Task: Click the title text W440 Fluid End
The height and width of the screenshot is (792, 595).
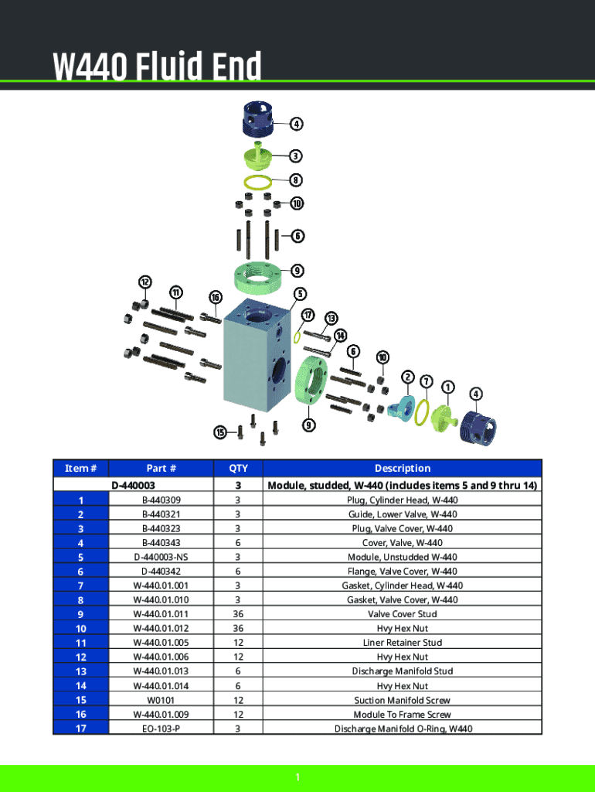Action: (x=157, y=67)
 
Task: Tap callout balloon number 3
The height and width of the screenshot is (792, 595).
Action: (x=296, y=155)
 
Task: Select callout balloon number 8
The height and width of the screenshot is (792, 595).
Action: (x=296, y=180)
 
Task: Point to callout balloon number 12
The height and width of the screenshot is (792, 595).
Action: (x=144, y=281)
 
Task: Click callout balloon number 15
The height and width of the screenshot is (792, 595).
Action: (x=220, y=432)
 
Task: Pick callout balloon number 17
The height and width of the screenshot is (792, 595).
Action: (x=308, y=315)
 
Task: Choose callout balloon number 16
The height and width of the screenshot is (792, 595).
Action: (x=216, y=298)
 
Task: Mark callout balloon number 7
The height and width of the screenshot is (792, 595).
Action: (x=427, y=381)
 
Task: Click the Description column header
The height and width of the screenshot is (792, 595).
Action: (x=402, y=468)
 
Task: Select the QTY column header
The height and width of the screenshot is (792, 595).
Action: (x=238, y=468)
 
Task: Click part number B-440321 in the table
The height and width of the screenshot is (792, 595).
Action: (x=161, y=514)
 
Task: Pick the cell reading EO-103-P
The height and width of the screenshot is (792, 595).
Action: (x=161, y=729)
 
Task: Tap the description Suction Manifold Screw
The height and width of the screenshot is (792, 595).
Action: (x=402, y=700)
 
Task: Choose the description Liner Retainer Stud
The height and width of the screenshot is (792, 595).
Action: (x=402, y=643)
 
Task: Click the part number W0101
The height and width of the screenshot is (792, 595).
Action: (x=161, y=700)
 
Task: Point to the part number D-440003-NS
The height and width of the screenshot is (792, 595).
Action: (x=161, y=557)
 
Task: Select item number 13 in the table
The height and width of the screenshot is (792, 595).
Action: (x=80, y=671)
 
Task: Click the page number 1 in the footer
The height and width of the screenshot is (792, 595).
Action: (x=297, y=777)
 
